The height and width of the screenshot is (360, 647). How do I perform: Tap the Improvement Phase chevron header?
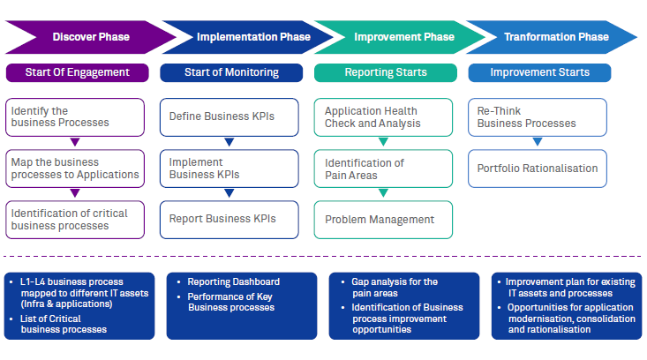[403, 37]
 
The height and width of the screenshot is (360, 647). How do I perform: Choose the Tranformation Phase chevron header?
[556, 37]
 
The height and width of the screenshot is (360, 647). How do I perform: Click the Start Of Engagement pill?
[77, 72]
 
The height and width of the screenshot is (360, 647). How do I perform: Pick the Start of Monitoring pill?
[231, 72]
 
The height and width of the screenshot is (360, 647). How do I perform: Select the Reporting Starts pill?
[386, 72]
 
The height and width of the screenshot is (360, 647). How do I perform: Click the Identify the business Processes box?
[74, 116]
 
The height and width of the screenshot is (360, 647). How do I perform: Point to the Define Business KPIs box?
[229, 116]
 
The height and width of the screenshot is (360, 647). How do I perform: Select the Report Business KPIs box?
[229, 219]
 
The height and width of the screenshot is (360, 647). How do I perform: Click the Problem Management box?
[383, 220]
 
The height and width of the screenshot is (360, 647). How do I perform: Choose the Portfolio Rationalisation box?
[538, 168]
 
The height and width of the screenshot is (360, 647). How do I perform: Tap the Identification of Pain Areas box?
[383, 169]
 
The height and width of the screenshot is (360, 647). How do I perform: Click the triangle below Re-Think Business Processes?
[538, 141]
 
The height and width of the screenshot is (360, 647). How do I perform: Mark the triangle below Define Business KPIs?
[229, 141]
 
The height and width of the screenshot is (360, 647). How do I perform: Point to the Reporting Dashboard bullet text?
[233, 282]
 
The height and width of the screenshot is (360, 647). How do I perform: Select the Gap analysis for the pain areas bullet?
[394, 288]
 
